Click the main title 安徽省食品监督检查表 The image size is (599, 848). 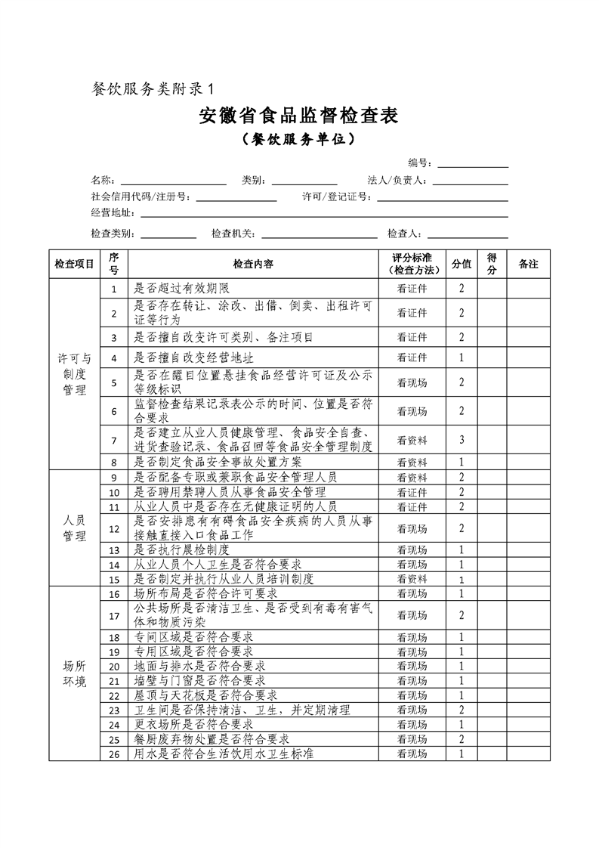(x=298, y=116)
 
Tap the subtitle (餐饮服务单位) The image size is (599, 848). (x=298, y=141)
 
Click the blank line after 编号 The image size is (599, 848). (x=473, y=164)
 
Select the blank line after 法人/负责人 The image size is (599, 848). (x=470, y=181)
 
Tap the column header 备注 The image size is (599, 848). (x=528, y=264)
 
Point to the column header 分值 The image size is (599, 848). (x=462, y=264)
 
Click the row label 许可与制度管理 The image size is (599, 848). (x=75, y=374)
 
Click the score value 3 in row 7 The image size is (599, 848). (x=462, y=440)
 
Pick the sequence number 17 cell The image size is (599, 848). (x=115, y=616)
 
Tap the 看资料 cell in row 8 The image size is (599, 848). (x=412, y=461)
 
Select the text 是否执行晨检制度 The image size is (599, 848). (x=181, y=549)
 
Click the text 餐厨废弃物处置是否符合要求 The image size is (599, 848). (x=212, y=738)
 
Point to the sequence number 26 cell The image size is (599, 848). (x=115, y=754)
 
